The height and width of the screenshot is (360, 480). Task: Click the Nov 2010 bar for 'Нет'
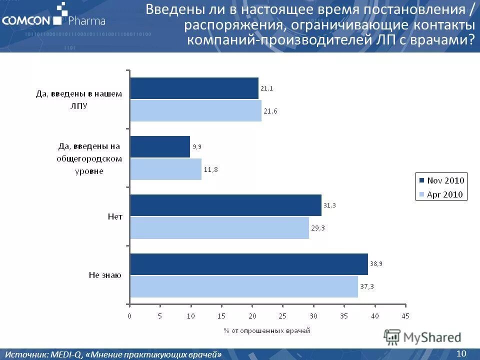(x=225, y=205)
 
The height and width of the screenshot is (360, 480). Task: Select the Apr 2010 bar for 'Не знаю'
(x=244, y=286)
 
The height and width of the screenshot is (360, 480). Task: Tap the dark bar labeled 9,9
(x=160, y=147)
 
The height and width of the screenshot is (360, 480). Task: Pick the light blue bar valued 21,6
(x=195, y=110)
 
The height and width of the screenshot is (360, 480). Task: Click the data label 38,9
(x=377, y=263)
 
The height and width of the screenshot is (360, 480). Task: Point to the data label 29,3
(x=318, y=228)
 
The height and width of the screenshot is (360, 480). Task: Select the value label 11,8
(x=210, y=169)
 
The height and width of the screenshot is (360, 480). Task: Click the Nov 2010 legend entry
(x=441, y=180)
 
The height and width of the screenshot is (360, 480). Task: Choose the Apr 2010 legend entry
(x=441, y=194)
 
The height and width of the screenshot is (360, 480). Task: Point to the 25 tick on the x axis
(x=282, y=316)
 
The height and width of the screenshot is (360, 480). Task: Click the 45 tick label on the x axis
(x=405, y=316)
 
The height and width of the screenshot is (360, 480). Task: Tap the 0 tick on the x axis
(x=129, y=316)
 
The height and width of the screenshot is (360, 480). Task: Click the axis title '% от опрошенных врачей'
(x=266, y=330)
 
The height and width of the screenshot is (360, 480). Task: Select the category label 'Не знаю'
(x=105, y=275)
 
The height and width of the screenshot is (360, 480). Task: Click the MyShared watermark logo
(x=423, y=337)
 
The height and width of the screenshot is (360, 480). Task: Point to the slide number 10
(x=461, y=353)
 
